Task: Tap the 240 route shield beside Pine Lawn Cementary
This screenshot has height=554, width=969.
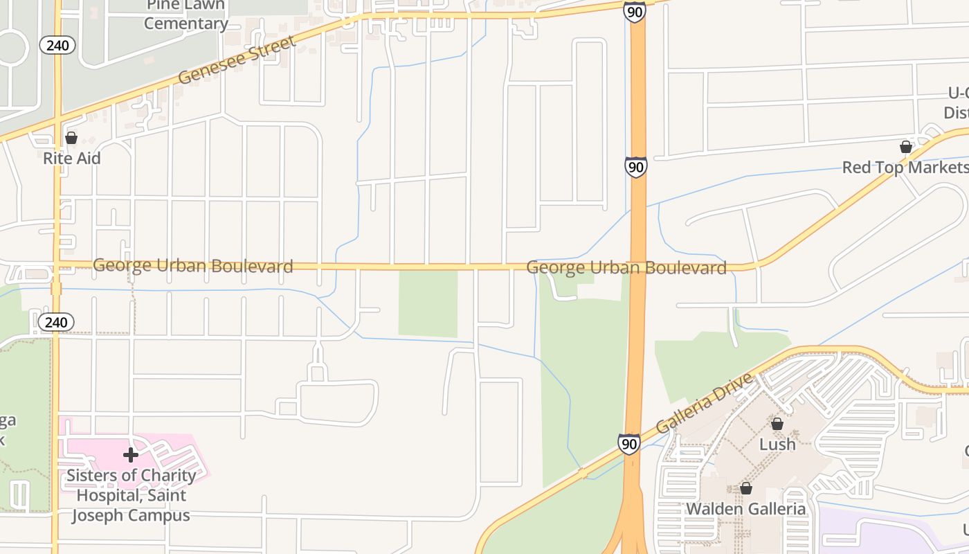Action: point(57,46)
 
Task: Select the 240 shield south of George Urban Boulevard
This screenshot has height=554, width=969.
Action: point(56,322)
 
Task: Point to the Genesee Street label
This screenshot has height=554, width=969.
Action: point(237,60)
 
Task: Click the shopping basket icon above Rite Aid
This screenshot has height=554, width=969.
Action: point(71,138)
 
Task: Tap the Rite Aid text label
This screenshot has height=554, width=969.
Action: point(72,158)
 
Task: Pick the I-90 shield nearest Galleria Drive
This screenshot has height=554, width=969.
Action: point(629,443)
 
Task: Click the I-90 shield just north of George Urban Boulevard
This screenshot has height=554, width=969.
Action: point(635,167)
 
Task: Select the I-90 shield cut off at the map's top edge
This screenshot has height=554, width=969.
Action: point(634,10)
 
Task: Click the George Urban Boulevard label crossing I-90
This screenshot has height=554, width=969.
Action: point(626,267)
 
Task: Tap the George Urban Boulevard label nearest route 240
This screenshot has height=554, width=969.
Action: point(192,265)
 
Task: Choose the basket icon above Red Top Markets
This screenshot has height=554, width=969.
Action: point(905,147)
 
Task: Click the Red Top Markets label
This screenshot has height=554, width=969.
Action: point(905,168)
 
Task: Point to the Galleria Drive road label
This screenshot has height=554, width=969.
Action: point(704,403)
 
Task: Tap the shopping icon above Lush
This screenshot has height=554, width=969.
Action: point(777,424)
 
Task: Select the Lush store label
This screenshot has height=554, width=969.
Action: point(777,444)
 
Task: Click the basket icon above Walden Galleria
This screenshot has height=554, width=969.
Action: point(745,488)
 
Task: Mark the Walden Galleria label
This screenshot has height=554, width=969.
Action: point(745,509)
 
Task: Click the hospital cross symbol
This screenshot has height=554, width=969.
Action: point(131,455)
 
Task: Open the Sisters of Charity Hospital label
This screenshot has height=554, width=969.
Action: point(131,495)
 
